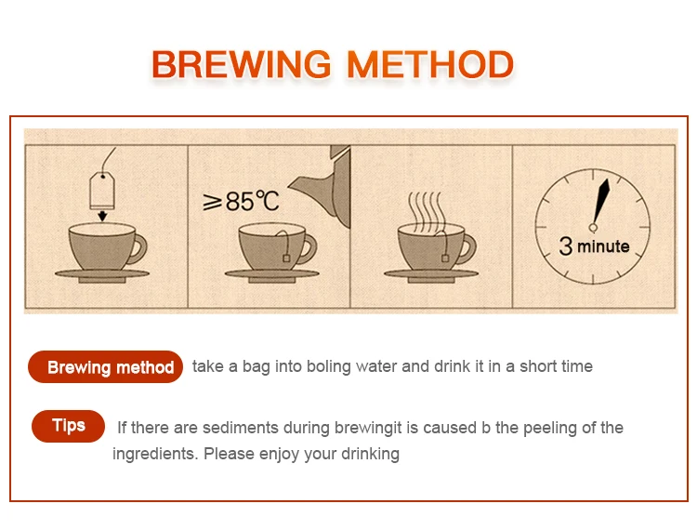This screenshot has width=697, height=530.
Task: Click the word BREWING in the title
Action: [x=242, y=65]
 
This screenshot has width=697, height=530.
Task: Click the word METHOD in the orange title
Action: [x=430, y=65]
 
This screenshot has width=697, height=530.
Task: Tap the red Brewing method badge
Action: [x=105, y=367]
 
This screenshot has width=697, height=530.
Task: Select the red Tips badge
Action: [x=68, y=426]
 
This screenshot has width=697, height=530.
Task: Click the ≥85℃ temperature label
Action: [x=241, y=201]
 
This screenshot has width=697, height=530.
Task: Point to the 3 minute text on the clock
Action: [x=594, y=245]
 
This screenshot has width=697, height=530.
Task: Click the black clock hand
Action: [x=600, y=202]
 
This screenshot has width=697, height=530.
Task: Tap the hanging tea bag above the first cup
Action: [x=102, y=191]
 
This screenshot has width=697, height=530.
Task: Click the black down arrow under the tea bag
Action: [x=102, y=216]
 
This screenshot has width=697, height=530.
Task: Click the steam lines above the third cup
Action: [x=426, y=211]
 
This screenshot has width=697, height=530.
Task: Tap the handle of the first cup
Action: [x=138, y=249]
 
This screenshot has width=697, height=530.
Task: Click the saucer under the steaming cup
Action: [x=430, y=275]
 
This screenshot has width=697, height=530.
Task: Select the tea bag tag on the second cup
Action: [x=286, y=258]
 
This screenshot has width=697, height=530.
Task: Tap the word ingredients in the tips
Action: [x=155, y=454]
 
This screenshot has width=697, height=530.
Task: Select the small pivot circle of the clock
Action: [x=593, y=228]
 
